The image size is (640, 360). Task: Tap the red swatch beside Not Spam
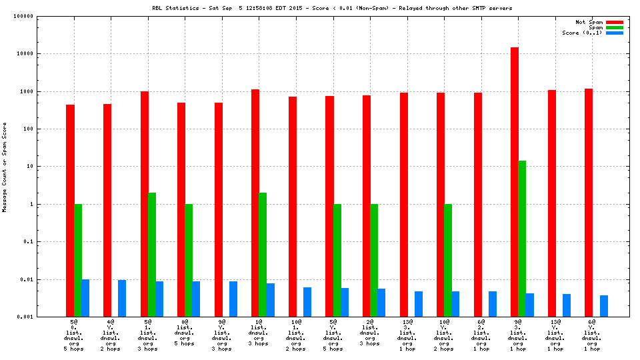[x=614, y=22]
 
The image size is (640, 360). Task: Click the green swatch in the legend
[x=614, y=27]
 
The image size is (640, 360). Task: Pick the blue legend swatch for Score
[x=614, y=33]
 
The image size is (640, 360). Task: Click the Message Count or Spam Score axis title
[x=5, y=167]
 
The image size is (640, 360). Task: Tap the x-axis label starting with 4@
[x=110, y=335]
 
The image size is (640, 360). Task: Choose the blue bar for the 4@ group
[x=122, y=298]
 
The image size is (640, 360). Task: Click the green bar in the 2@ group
[x=374, y=260]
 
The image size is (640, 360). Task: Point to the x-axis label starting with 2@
[x=370, y=335]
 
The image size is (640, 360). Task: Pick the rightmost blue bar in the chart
[x=604, y=306]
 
